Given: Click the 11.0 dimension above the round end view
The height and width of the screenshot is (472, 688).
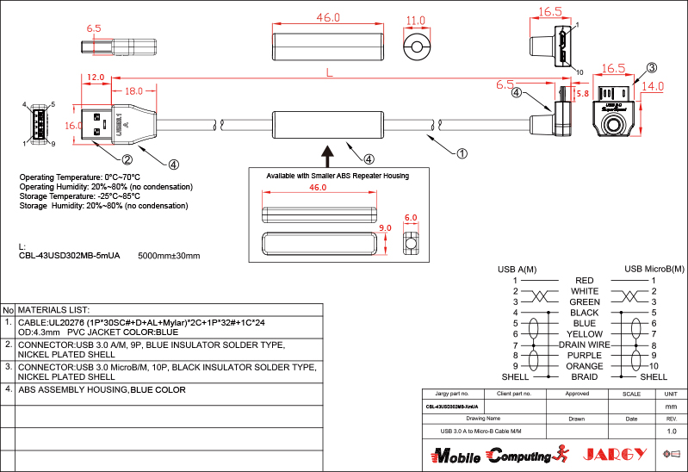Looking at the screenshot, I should click(416, 20).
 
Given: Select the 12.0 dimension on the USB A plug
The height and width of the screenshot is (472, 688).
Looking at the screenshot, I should click(95, 77).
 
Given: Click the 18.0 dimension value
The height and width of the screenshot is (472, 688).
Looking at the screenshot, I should click(133, 90).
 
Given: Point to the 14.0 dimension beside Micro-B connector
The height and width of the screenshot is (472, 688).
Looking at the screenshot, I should click(654, 86).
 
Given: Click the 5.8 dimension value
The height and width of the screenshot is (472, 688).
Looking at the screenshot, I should click(582, 92).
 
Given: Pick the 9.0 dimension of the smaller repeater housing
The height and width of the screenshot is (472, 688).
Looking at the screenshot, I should click(385, 228).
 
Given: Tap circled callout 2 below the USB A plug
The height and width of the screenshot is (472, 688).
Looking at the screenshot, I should click(127, 158).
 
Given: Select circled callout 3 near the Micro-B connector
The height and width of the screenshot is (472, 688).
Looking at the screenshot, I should click(652, 67).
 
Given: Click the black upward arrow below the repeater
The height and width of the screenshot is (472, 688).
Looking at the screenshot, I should click(327, 155).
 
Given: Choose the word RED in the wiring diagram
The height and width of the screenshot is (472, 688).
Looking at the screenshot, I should click(584, 281).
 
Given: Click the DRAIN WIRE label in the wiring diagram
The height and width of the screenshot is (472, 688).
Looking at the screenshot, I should click(584, 345).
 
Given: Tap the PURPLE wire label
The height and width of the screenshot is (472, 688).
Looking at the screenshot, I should click(584, 355).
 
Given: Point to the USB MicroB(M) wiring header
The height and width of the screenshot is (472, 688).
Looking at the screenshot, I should click(654, 269).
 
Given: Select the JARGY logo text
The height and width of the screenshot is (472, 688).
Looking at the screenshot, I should click(614, 454).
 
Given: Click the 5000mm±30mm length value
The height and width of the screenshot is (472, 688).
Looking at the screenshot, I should click(169, 256).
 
